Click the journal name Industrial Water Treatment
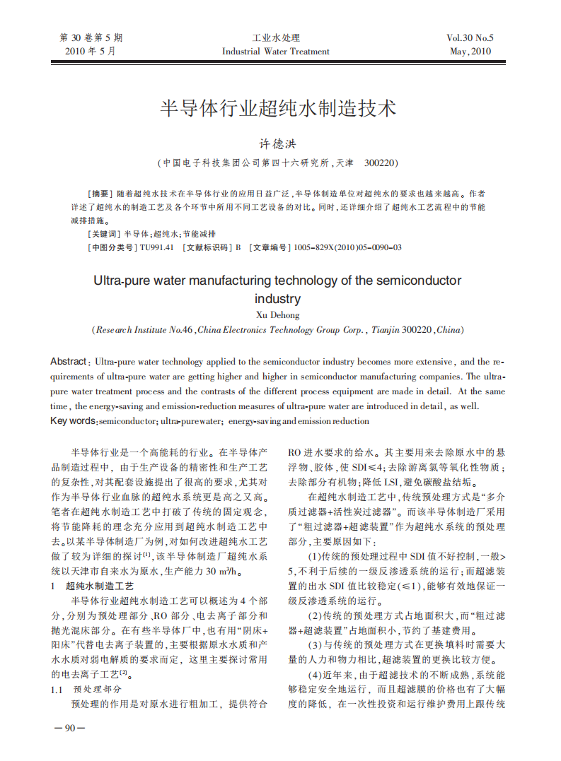point(275,52)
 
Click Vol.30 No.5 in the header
point(470,38)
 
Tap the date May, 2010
point(470,52)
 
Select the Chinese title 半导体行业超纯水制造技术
point(277,108)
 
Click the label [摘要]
point(100,194)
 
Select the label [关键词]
point(103,234)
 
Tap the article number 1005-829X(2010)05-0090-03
point(347,247)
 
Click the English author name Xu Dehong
point(277,315)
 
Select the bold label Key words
point(73,421)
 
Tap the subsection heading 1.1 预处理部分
point(86,688)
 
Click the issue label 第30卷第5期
point(91,38)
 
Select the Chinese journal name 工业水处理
point(276,38)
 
